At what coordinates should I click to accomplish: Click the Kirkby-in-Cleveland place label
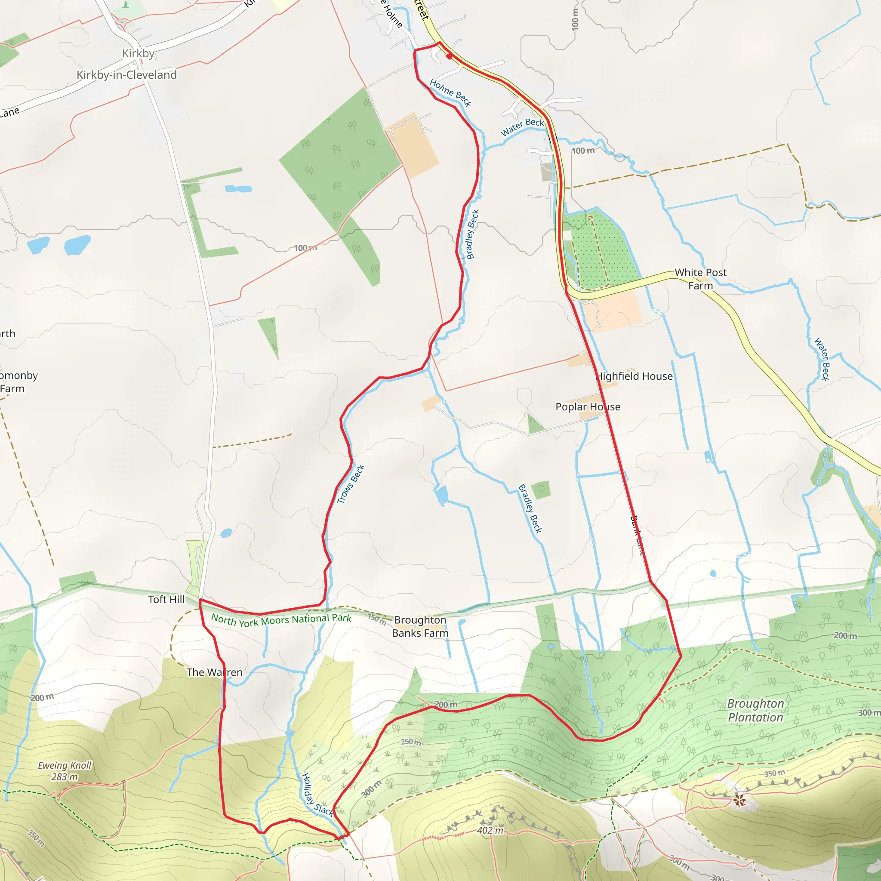coord(126,75)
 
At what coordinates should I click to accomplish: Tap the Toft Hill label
coord(166,599)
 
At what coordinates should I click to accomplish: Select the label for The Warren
coord(214,672)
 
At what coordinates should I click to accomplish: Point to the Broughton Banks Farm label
coord(420,626)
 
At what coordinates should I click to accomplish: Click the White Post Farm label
coord(700,279)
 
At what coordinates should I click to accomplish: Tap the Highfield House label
coord(635,376)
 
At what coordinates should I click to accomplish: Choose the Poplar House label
coord(588,407)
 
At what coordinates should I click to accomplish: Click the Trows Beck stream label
coord(350,484)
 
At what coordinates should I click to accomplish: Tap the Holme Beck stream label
coord(450,92)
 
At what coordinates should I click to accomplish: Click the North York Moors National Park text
coord(281,620)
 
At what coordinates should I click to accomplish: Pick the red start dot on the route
coord(449,56)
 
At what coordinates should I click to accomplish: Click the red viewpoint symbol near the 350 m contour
coord(739,800)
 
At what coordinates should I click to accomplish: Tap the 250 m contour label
coord(411,742)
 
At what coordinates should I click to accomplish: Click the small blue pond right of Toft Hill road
coord(226,533)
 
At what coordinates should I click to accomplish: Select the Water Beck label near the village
coord(522,127)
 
